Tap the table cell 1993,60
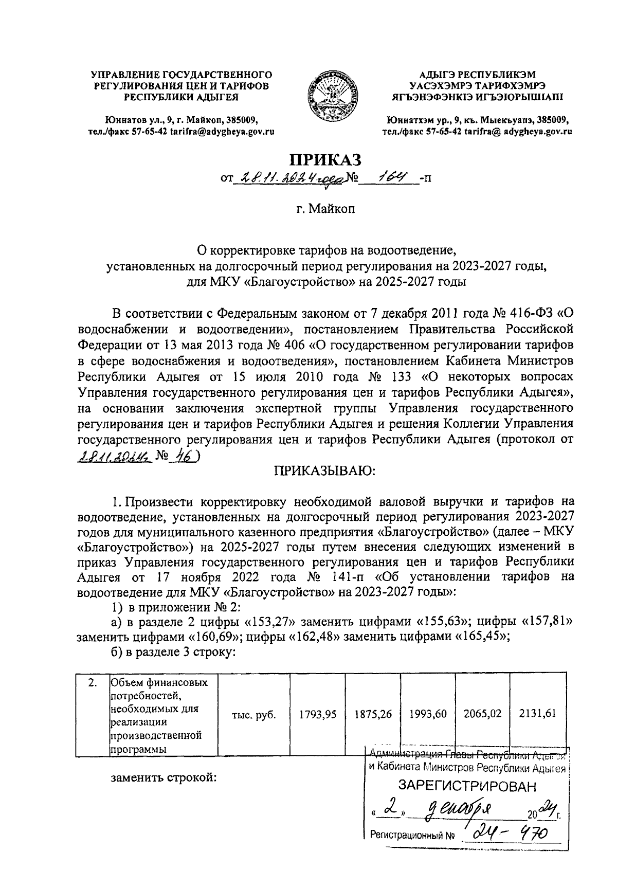[x=428, y=714]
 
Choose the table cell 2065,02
[x=482, y=714]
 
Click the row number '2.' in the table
[x=92, y=683]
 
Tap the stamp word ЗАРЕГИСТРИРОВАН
[x=467, y=787]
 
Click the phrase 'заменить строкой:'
[x=164, y=777]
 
